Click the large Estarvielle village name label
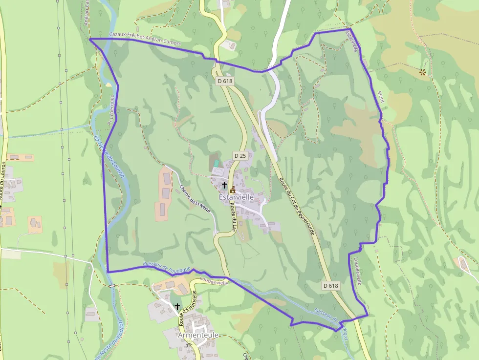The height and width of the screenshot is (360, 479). pyautogui.click(x=237, y=197)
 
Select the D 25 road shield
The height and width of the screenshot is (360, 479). pyautogui.click(x=239, y=155)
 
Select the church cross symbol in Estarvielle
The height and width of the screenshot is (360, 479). pyautogui.click(x=224, y=185)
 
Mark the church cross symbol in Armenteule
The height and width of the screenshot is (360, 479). pyautogui.click(x=177, y=306)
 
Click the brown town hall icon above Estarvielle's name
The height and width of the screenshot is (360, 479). pyautogui.click(x=233, y=189)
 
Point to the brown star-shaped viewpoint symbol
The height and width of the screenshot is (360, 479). pyautogui.click(x=422, y=72)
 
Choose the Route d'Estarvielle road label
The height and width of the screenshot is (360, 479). pyautogui.click(x=187, y=308)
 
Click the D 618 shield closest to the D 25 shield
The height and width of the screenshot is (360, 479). pyautogui.click(x=224, y=81)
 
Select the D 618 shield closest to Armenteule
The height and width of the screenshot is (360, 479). pyautogui.click(x=331, y=285)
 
